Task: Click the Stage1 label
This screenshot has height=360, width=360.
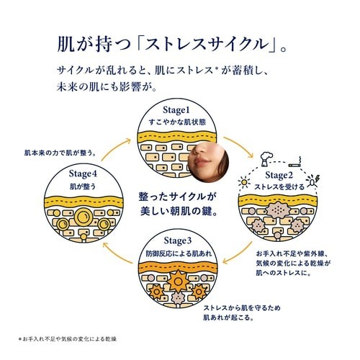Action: pyautogui.click(x=176, y=110)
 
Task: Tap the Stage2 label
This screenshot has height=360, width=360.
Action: pyautogui.click(x=279, y=176)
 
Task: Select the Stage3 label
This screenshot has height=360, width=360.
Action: pyautogui.click(x=178, y=241)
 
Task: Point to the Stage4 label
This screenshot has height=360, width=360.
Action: pyautogui.click(x=83, y=174)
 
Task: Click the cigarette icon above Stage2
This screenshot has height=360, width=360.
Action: pyautogui.click(x=295, y=162)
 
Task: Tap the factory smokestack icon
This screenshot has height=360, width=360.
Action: pyautogui.click(x=266, y=159)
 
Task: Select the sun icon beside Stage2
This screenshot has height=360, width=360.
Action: pyautogui.click(x=244, y=182)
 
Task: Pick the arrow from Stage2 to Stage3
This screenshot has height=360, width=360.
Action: pyautogui.click(x=238, y=254)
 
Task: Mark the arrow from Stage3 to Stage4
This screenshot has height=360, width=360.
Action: pyautogui.click(x=117, y=255)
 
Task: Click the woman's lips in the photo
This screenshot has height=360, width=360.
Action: pyautogui.click(x=200, y=163)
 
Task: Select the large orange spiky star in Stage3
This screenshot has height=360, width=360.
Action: pyautogui.click(x=178, y=282)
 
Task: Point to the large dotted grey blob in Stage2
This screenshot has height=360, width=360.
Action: pyautogui.click(x=277, y=210)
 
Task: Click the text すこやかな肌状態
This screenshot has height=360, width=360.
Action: pyautogui.click(x=177, y=122)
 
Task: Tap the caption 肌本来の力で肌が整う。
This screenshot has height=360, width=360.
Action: pyautogui.click(x=60, y=153)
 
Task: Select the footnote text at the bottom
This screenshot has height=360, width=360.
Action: pyautogui.click(x=68, y=339)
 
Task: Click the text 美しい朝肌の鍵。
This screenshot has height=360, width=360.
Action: pyautogui.click(x=179, y=211)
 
